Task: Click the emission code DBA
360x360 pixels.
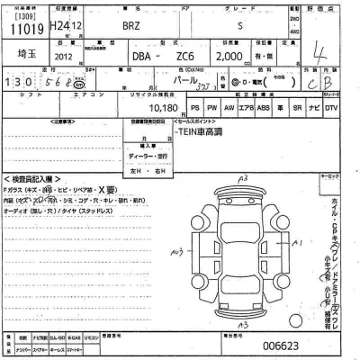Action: [142, 56]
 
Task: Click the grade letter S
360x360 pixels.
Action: [238, 26]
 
